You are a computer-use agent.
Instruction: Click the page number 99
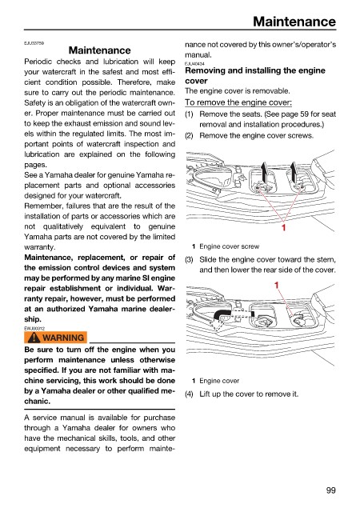pyautogui.click(x=330, y=490)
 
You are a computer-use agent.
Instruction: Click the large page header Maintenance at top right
pyautogui.click(x=294, y=22)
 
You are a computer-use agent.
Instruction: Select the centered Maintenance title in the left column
pyautogui.click(x=100, y=50)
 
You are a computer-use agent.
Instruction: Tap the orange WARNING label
pyautogui.click(x=55, y=338)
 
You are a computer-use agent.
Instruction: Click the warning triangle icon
pyautogui.click(x=34, y=338)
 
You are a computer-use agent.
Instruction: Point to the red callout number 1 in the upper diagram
pyautogui.click(x=283, y=227)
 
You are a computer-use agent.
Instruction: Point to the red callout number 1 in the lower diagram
pyautogui.click(x=276, y=286)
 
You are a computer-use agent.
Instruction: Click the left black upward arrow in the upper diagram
pyautogui.click(x=263, y=173)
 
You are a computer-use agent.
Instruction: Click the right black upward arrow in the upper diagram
pyautogui.click(x=294, y=173)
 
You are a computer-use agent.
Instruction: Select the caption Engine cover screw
pyautogui.click(x=229, y=246)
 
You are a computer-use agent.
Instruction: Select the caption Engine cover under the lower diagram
pyautogui.click(x=219, y=381)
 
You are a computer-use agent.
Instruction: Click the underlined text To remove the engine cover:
pyautogui.click(x=238, y=102)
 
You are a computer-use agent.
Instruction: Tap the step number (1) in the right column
pyautogui.click(x=189, y=114)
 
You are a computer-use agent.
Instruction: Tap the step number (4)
pyautogui.click(x=189, y=394)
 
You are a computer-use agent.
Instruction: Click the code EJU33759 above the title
pyautogui.click(x=34, y=42)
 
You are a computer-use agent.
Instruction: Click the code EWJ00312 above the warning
pyautogui.click(x=34, y=329)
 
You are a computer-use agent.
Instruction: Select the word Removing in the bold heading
pyautogui.click(x=203, y=70)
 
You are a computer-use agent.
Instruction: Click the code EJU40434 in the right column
pyautogui.click(x=194, y=64)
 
